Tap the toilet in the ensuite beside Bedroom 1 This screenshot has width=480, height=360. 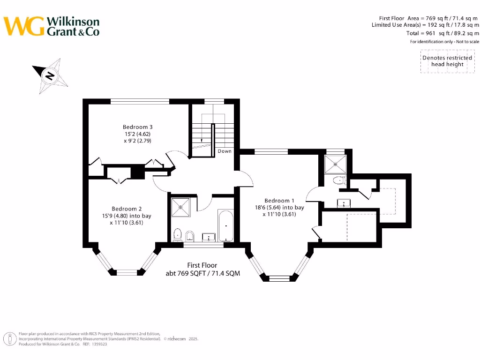[x=337, y=180]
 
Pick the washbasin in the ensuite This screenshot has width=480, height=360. [x=344, y=203]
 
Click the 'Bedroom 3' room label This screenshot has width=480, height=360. [x=138, y=127]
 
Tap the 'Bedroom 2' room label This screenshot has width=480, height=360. [x=127, y=209]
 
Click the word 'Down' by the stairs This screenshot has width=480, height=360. [x=225, y=151]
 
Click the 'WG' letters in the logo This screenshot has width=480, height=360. [x=24, y=26]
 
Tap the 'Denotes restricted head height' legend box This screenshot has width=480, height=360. [x=447, y=61]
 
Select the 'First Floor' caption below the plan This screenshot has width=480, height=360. [x=202, y=265]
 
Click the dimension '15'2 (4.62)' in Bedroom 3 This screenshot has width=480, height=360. [x=138, y=134]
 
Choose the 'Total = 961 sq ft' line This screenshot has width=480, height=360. [x=442, y=33]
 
